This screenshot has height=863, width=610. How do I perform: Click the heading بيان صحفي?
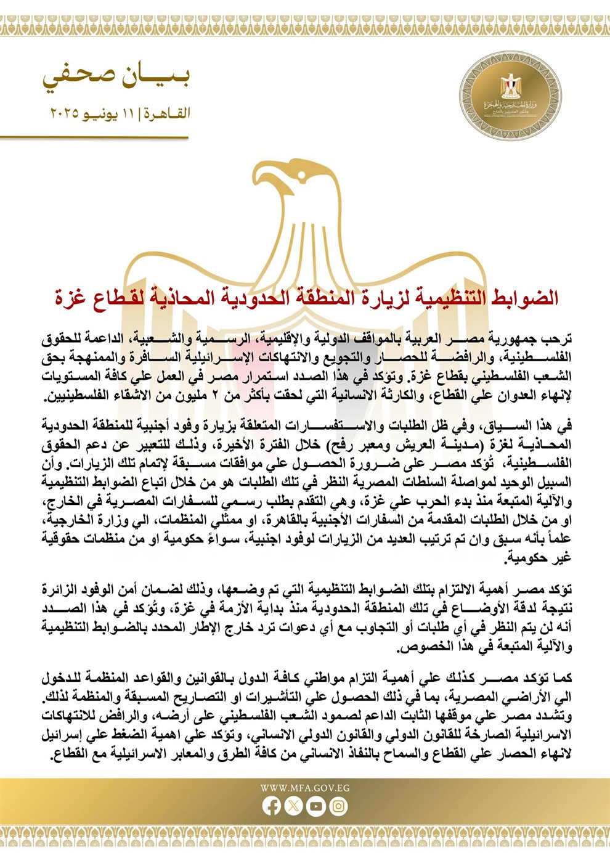tap(116, 76)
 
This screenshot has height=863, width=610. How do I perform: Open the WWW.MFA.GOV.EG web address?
tap(305, 788)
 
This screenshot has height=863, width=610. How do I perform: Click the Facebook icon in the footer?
tap(271, 806)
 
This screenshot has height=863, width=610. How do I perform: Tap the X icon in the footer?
tap(293, 806)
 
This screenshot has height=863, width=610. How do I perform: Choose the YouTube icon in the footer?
tap(316, 806)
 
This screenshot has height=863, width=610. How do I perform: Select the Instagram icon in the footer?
tap(339, 806)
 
